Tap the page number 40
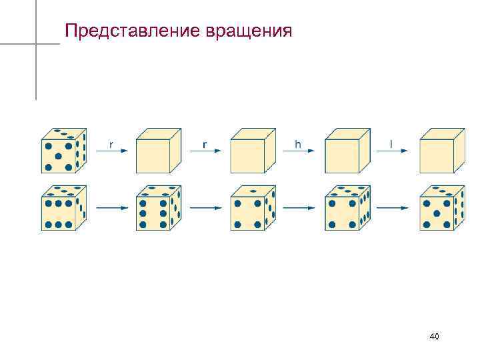click(x=434, y=337)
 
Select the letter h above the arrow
click(x=298, y=143)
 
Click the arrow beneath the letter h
click(x=298, y=152)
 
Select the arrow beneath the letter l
click(x=392, y=152)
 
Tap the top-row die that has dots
click(x=63, y=150)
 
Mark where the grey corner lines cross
click(x=36, y=44)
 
